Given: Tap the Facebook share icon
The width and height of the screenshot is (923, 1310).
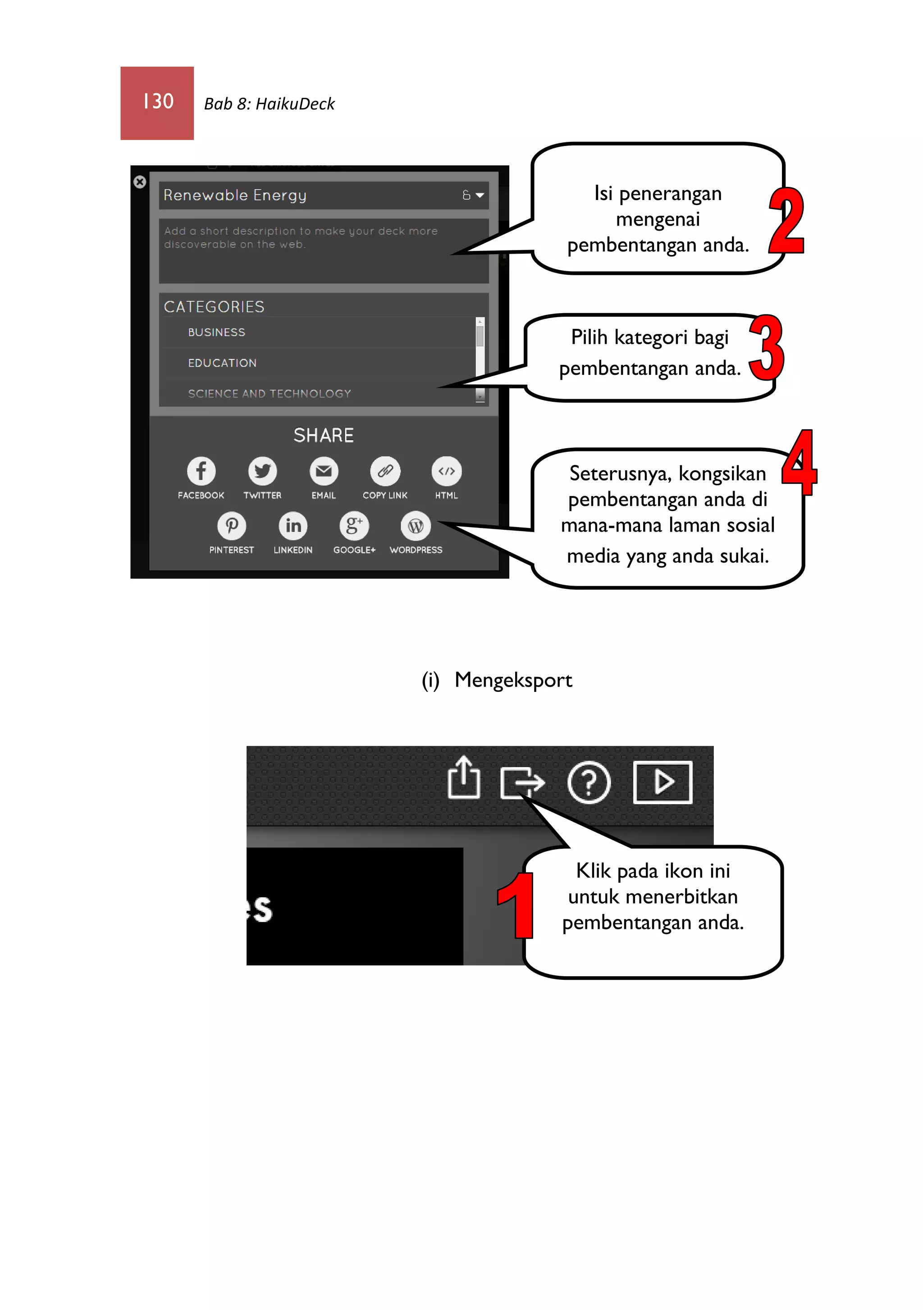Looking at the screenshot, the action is pyautogui.click(x=201, y=471).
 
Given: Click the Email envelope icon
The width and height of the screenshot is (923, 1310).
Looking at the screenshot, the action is pyautogui.click(x=324, y=471).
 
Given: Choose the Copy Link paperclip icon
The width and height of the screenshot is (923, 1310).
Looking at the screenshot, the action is pyautogui.click(x=385, y=471).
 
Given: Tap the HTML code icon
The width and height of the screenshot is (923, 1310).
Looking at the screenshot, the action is pyautogui.click(x=446, y=471).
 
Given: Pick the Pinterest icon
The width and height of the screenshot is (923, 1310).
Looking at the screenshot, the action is pyautogui.click(x=232, y=525).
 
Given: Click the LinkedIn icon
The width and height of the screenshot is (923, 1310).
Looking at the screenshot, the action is pyautogui.click(x=293, y=525).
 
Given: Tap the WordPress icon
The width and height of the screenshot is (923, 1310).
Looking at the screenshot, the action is pyautogui.click(x=416, y=525).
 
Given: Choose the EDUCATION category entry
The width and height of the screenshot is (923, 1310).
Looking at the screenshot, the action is pyautogui.click(x=222, y=363).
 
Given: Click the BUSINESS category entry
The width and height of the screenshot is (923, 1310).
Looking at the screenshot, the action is pyautogui.click(x=216, y=332).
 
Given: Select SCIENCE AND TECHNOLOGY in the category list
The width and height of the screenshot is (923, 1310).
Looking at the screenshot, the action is pyautogui.click(x=270, y=394).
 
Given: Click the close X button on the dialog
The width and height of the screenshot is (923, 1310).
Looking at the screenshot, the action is pyautogui.click(x=140, y=182).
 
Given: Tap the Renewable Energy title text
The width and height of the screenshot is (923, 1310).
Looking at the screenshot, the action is pyautogui.click(x=235, y=195).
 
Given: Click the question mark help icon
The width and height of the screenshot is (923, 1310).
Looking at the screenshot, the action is pyautogui.click(x=589, y=782).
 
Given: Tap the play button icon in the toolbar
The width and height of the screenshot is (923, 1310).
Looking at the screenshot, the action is pyautogui.click(x=663, y=782).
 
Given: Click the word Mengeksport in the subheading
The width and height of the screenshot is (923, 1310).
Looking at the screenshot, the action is pyautogui.click(x=513, y=681).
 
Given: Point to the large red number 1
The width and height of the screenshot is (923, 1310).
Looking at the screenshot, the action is pyautogui.click(x=516, y=905).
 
